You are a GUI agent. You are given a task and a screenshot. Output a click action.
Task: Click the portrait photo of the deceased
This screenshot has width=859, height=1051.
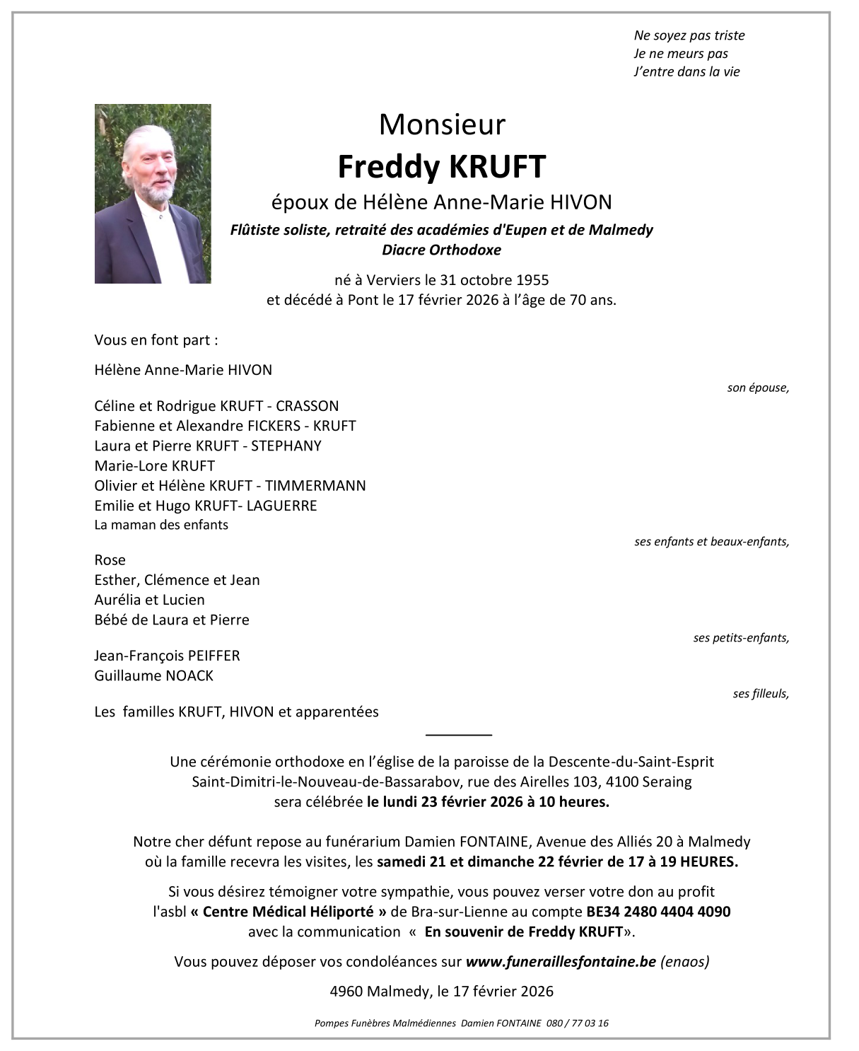[153, 194]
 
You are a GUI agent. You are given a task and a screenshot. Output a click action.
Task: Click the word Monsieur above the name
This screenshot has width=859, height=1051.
[442, 124]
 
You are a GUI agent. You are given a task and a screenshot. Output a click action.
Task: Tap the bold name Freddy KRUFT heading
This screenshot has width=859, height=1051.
[442, 167]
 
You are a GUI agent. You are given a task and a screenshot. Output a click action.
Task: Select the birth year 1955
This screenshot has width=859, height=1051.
[533, 279]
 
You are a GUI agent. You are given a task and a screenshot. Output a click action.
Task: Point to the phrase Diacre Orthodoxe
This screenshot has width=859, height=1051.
[441, 250]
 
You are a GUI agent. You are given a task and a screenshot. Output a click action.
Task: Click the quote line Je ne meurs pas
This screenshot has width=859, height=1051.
[680, 54]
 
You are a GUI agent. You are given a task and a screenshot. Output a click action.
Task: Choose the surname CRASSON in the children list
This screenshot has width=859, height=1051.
[308, 406]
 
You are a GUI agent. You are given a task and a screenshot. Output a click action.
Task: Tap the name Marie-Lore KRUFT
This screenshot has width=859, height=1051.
[154, 465]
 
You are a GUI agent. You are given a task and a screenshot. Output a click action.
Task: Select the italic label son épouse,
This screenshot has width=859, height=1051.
[757, 388]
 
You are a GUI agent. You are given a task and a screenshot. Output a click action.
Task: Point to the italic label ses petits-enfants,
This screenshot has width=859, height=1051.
[740, 638]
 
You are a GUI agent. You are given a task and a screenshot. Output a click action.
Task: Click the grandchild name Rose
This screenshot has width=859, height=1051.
[110, 560]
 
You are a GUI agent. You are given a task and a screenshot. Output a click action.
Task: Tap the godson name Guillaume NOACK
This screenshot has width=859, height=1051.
[153, 675]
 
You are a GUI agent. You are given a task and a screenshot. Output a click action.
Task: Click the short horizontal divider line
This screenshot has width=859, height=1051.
[459, 735]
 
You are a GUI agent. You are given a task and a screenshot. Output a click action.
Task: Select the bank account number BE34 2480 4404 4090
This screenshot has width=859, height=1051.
[658, 912]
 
